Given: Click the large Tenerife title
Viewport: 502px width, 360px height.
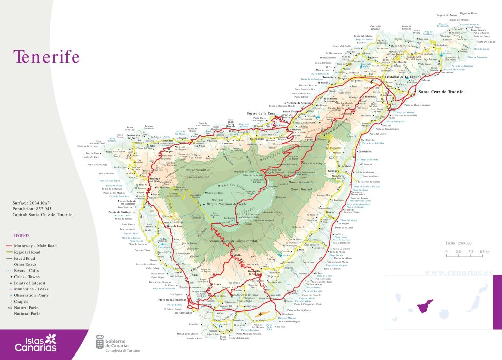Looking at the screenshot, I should [x=47, y=57].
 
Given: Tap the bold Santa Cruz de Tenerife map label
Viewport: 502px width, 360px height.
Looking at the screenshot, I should [x=440, y=92].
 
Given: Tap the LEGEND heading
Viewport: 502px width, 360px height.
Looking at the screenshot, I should [x=22, y=236].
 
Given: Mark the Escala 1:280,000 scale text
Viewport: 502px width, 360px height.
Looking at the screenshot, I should [x=458, y=243].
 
